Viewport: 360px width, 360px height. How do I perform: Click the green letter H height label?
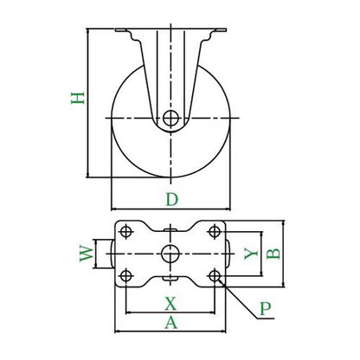[x=78, y=98]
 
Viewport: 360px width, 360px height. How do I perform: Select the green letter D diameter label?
[x=172, y=199]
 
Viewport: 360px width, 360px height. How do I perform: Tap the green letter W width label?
[x=87, y=254]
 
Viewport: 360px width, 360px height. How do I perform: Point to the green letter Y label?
[x=251, y=254]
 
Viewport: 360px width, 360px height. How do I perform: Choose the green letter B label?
[x=273, y=254]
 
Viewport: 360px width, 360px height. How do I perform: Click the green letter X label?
[x=170, y=304]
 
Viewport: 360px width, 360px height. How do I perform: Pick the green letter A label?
[x=171, y=322]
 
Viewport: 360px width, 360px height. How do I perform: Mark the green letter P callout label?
[x=266, y=309]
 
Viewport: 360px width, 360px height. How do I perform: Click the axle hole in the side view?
[x=170, y=118]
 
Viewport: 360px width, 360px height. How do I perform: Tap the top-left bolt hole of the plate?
[x=125, y=231]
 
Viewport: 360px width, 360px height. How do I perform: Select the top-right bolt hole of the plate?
[x=215, y=231]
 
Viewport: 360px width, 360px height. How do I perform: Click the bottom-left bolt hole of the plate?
[x=125, y=276]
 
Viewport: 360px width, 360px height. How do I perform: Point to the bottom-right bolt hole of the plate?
[x=215, y=276]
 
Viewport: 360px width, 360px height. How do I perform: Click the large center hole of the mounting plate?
[x=170, y=254]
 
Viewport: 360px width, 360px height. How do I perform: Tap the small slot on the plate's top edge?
[x=170, y=230]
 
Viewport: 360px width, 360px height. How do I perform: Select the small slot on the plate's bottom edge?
[x=170, y=278]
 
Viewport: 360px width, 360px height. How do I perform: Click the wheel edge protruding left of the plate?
[x=112, y=254]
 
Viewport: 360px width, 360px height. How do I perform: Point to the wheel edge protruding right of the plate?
[x=228, y=254]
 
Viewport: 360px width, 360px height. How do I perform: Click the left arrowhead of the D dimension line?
[x=114, y=209]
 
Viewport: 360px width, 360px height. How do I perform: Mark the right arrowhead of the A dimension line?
[x=223, y=331]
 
